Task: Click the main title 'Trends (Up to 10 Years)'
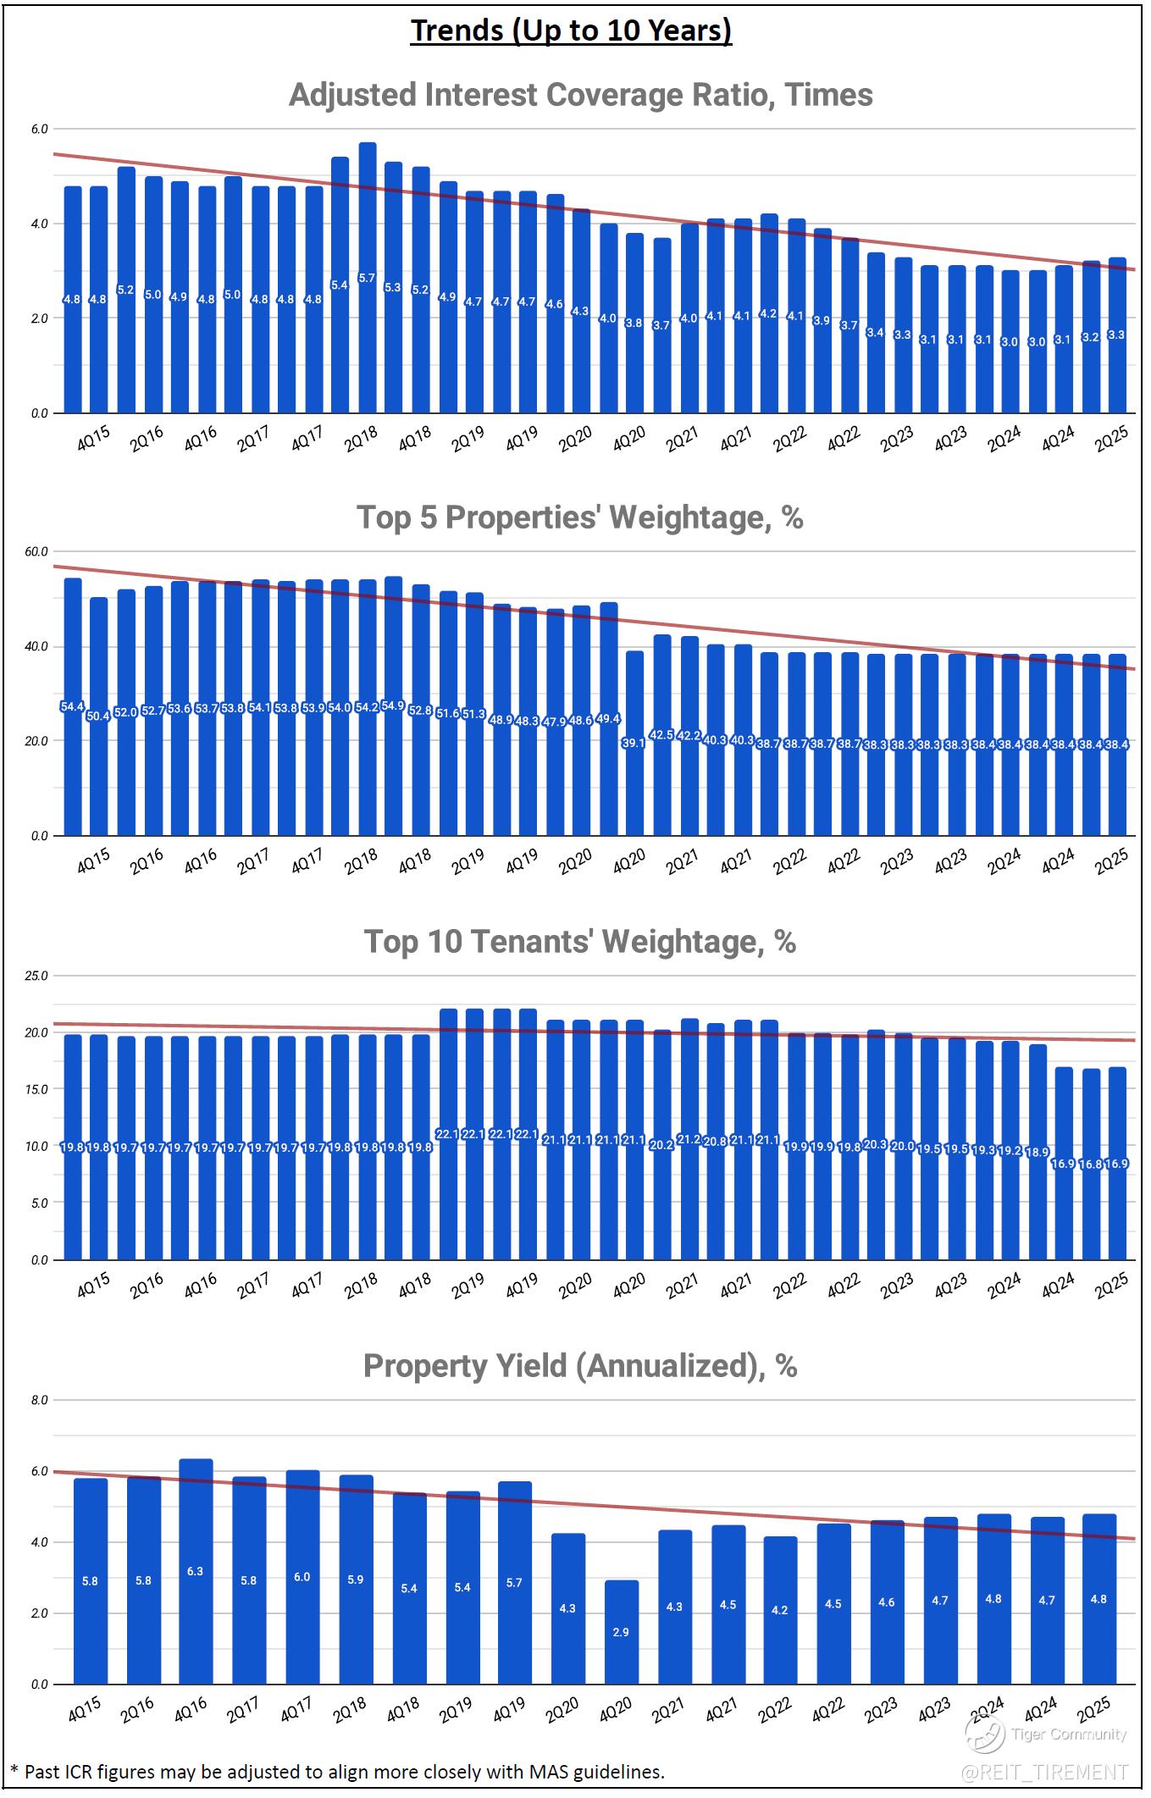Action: point(571,30)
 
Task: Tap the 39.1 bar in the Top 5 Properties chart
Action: point(634,743)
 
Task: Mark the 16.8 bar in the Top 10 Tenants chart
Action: point(1091,1164)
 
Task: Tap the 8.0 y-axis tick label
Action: point(40,1400)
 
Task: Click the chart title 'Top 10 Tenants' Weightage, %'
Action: point(579,941)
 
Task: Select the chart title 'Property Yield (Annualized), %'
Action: point(579,1365)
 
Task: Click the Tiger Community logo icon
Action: point(985,1735)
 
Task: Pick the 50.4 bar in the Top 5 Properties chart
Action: point(99,716)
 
